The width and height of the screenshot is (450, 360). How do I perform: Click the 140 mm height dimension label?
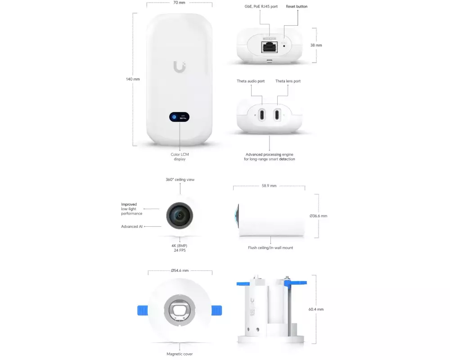point(133,79)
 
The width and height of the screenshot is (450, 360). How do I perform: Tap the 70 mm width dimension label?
point(179,3)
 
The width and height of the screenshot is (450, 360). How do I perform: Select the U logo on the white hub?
point(180,67)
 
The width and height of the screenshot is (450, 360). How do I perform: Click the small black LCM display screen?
point(180,117)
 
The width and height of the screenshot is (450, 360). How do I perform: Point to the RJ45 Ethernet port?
point(270,47)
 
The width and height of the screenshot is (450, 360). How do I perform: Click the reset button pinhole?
point(284,46)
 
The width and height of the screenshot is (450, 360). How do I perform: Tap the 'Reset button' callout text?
point(297,6)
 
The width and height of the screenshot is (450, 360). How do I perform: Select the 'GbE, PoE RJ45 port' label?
point(261,6)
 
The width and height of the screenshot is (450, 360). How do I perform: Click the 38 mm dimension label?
point(316,45)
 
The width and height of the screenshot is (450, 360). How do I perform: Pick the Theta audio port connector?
point(262,115)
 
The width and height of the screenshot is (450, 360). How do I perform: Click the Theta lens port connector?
point(277,115)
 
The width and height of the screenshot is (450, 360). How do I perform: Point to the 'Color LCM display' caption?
point(180,157)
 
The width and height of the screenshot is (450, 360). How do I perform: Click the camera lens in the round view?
point(180,216)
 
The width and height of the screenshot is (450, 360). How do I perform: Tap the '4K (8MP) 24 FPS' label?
point(180,248)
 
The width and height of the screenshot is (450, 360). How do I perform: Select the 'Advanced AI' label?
point(132,226)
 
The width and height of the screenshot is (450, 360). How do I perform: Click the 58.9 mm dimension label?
point(269,186)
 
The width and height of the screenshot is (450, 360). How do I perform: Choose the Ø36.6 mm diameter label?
point(318,216)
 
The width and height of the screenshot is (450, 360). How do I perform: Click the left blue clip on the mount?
point(143,310)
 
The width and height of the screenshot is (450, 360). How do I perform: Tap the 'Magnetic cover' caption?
point(180,354)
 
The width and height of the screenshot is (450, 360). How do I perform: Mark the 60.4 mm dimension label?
point(316,310)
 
